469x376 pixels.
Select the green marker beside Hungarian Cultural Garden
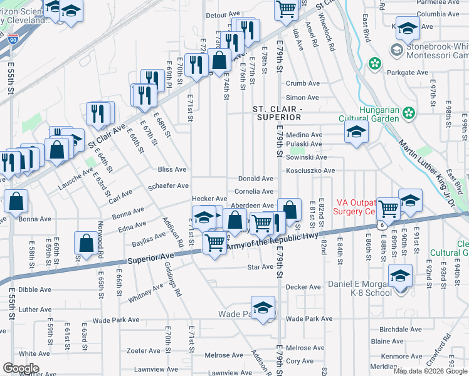409,113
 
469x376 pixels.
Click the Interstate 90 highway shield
14,39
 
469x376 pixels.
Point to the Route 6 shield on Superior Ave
381,225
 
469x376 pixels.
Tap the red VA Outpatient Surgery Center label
360,207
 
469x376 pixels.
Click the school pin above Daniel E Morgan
400,277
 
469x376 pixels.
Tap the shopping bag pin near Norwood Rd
85,244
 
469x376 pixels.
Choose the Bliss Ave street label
172,169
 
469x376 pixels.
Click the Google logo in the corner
21,368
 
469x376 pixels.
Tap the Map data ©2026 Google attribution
429,371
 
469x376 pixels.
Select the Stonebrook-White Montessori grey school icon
397,49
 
